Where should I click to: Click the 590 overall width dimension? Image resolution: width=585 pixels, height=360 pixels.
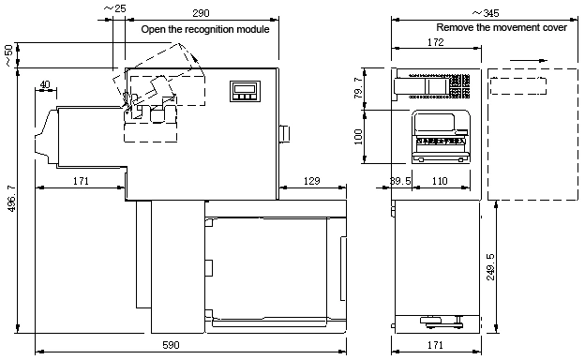tap(171, 345)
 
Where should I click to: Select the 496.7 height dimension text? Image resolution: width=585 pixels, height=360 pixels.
tap(11, 199)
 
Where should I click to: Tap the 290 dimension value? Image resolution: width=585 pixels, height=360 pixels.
tap(201, 13)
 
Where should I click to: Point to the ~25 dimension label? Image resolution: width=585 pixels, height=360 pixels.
tap(114, 8)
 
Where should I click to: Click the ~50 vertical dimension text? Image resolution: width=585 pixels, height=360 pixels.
tap(8, 55)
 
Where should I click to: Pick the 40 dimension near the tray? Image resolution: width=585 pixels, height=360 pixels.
tap(45, 84)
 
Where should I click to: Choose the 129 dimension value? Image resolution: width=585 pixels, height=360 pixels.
tap(311, 181)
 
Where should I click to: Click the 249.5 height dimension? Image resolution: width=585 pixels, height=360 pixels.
tap(490, 267)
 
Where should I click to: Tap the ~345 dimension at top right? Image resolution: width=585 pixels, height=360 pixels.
tap(486, 13)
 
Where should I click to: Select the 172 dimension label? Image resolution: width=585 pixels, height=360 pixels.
tap(435, 42)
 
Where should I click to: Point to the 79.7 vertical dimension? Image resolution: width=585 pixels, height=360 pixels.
tap(358, 88)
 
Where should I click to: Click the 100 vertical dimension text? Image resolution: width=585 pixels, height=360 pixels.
tap(358, 137)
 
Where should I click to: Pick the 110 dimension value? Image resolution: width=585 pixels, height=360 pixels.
tap(440, 181)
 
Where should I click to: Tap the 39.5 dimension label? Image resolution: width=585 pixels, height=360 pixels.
tap(400, 181)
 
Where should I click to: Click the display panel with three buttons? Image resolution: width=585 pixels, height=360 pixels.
tap(245, 91)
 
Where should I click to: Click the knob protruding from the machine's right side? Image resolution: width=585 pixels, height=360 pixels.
tap(284, 134)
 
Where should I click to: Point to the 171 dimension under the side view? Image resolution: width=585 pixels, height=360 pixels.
tap(435, 345)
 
